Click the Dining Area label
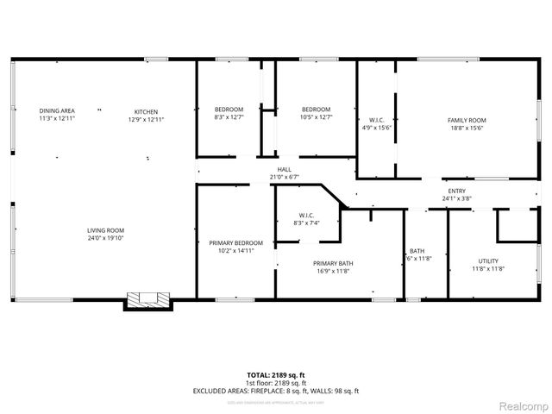(57, 110)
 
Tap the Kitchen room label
(146, 110)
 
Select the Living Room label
(106, 230)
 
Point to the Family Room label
(467, 120)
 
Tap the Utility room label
(488, 260)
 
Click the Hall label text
(284, 169)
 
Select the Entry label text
(457, 191)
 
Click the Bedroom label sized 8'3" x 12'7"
(229, 109)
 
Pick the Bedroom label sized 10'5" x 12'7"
(316, 109)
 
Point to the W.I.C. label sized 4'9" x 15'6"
(376, 120)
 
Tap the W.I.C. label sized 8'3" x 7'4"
(306, 216)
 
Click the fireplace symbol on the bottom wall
(149, 301)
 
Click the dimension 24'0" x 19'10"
(106, 239)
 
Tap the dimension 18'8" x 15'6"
(467, 128)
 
